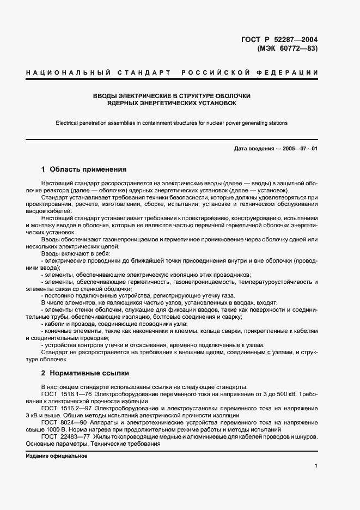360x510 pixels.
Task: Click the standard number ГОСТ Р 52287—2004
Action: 279,40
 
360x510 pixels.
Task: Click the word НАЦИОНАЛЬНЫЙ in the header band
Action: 64,72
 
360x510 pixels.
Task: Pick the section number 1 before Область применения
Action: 44,169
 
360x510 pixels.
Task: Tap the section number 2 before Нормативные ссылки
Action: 44,373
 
